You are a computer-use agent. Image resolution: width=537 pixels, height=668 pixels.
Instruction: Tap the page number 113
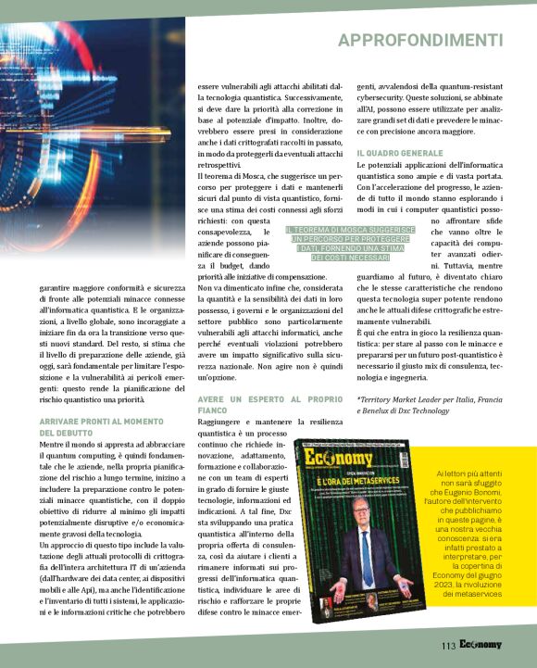(448, 645)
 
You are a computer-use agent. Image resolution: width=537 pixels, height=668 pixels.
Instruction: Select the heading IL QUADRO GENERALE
(399, 152)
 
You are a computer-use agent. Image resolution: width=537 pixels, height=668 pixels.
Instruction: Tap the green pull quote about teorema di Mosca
(338, 243)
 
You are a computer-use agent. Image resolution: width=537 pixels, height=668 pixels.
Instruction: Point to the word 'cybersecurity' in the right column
(383, 96)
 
